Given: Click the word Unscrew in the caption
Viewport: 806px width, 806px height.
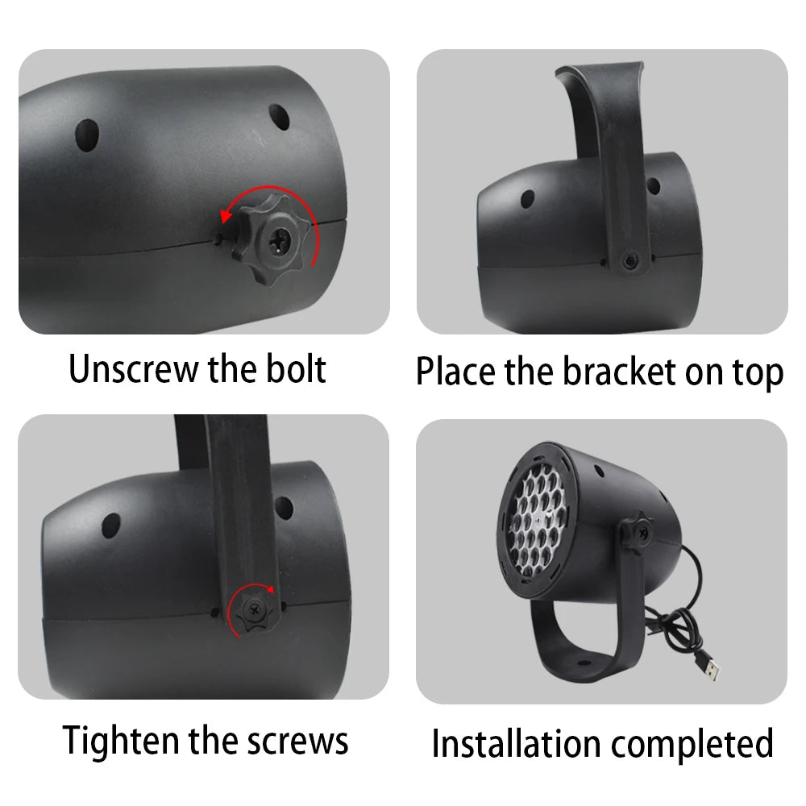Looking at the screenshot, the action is (134, 369).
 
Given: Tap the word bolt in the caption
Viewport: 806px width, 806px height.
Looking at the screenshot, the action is (296, 368).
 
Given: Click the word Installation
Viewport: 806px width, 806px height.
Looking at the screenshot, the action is (516, 743).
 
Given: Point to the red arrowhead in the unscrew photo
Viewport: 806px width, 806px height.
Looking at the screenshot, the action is (225, 216).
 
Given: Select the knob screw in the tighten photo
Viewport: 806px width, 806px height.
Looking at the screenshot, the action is (254, 611).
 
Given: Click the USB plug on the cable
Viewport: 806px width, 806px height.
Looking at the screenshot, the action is (710, 668).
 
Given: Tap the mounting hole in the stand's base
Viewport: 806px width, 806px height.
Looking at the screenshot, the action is (583, 663).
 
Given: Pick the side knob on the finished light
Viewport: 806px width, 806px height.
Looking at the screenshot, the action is (636, 531).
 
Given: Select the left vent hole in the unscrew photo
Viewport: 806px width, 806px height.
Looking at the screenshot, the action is (87, 135).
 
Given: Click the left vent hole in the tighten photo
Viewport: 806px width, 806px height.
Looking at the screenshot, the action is (111, 526).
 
